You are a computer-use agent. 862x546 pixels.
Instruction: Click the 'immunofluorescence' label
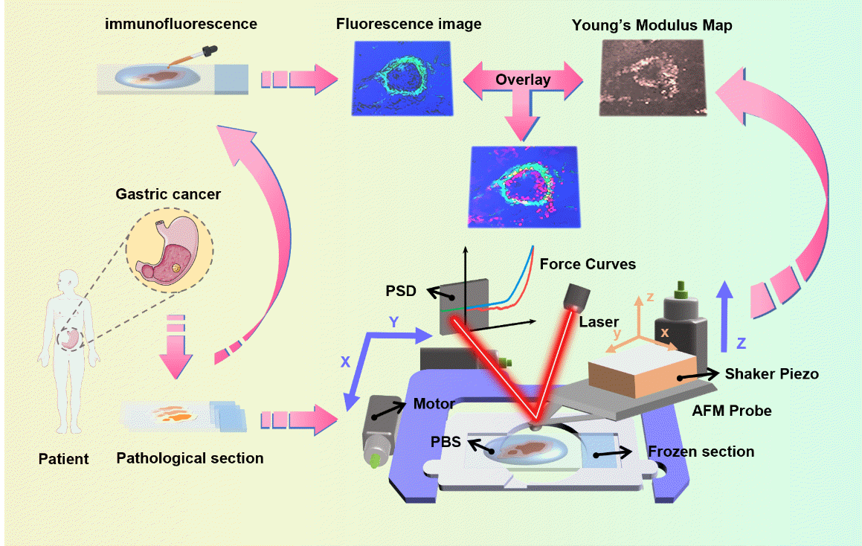pos(181,24)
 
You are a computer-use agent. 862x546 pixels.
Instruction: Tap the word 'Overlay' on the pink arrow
pos(523,80)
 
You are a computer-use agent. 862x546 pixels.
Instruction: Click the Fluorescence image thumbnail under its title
pos(402,78)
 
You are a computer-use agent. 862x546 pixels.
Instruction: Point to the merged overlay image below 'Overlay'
pos(524,187)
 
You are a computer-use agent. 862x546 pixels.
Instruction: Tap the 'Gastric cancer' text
pos(168,195)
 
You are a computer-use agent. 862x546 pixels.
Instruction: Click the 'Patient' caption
pos(63,459)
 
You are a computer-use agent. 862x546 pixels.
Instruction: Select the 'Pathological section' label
pos(190,458)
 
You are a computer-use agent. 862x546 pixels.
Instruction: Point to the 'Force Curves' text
pos(588,264)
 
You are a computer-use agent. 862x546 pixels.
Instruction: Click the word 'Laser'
pos(599,322)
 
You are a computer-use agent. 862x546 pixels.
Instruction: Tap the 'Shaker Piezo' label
pos(772,374)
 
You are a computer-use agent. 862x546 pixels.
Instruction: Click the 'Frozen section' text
pos(701,452)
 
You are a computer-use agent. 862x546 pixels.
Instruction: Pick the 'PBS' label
pos(446,441)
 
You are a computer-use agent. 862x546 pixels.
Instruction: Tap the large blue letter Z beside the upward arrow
pos(741,343)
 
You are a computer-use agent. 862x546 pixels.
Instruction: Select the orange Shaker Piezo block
pos(642,372)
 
